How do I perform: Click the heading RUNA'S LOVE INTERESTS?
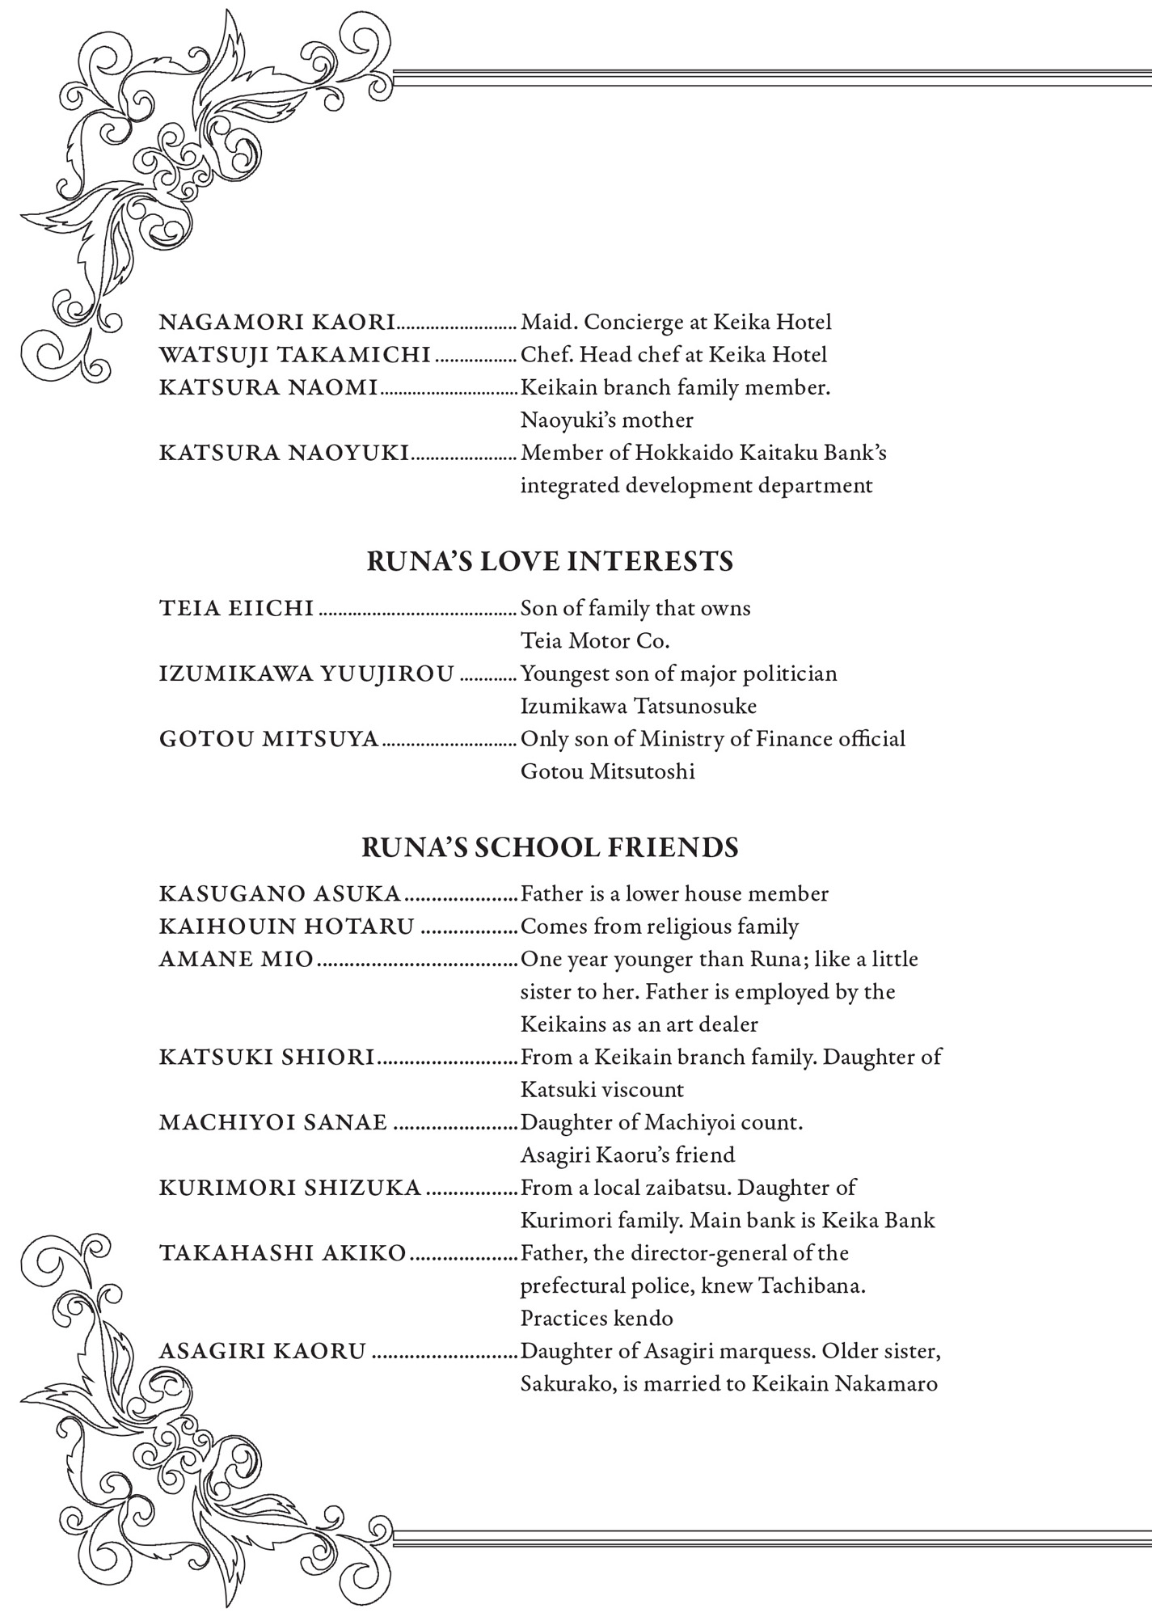(x=550, y=561)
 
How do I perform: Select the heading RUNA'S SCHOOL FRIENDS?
(x=550, y=847)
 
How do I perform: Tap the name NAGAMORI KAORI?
(x=276, y=323)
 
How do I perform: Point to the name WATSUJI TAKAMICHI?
(x=294, y=355)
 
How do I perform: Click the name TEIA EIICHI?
(x=236, y=608)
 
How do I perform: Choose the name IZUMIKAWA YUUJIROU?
(x=306, y=673)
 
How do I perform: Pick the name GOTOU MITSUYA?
(x=268, y=739)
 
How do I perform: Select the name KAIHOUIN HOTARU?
(x=287, y=927)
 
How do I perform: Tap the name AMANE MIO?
(x=236, y=960)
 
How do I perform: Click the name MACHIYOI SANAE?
(x=273, y=1123)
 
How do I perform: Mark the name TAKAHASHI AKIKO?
(x=282, y=1254)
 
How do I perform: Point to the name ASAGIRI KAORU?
(x=263, y=1352)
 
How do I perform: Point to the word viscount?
(x=644, y=1090)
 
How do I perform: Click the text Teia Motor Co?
(x=595, y=641)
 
